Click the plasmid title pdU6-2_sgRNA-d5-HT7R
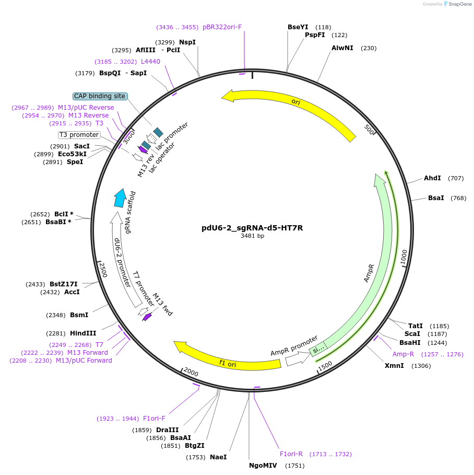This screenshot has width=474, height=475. tap(252, 228)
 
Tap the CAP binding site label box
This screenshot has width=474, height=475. tap(100, 96)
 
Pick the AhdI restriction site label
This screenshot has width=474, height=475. tap(432, 178)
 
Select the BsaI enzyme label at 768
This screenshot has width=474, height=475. tap(436, 198)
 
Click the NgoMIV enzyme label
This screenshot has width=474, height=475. tap(262, 465)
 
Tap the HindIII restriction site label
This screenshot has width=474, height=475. tap(83, 333)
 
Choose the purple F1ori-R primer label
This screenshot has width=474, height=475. tap(291, 454)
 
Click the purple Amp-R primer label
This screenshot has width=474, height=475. tap(403, 354)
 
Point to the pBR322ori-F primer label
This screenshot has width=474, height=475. tap(222, 27)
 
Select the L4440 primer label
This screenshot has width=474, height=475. tap(150, 62)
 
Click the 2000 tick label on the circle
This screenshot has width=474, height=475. tap(191, 372)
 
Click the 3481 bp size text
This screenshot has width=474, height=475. tap(252, 236)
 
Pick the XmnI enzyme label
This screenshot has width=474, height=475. tap(394, 366)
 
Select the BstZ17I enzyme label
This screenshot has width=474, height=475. tap(67, 284)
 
